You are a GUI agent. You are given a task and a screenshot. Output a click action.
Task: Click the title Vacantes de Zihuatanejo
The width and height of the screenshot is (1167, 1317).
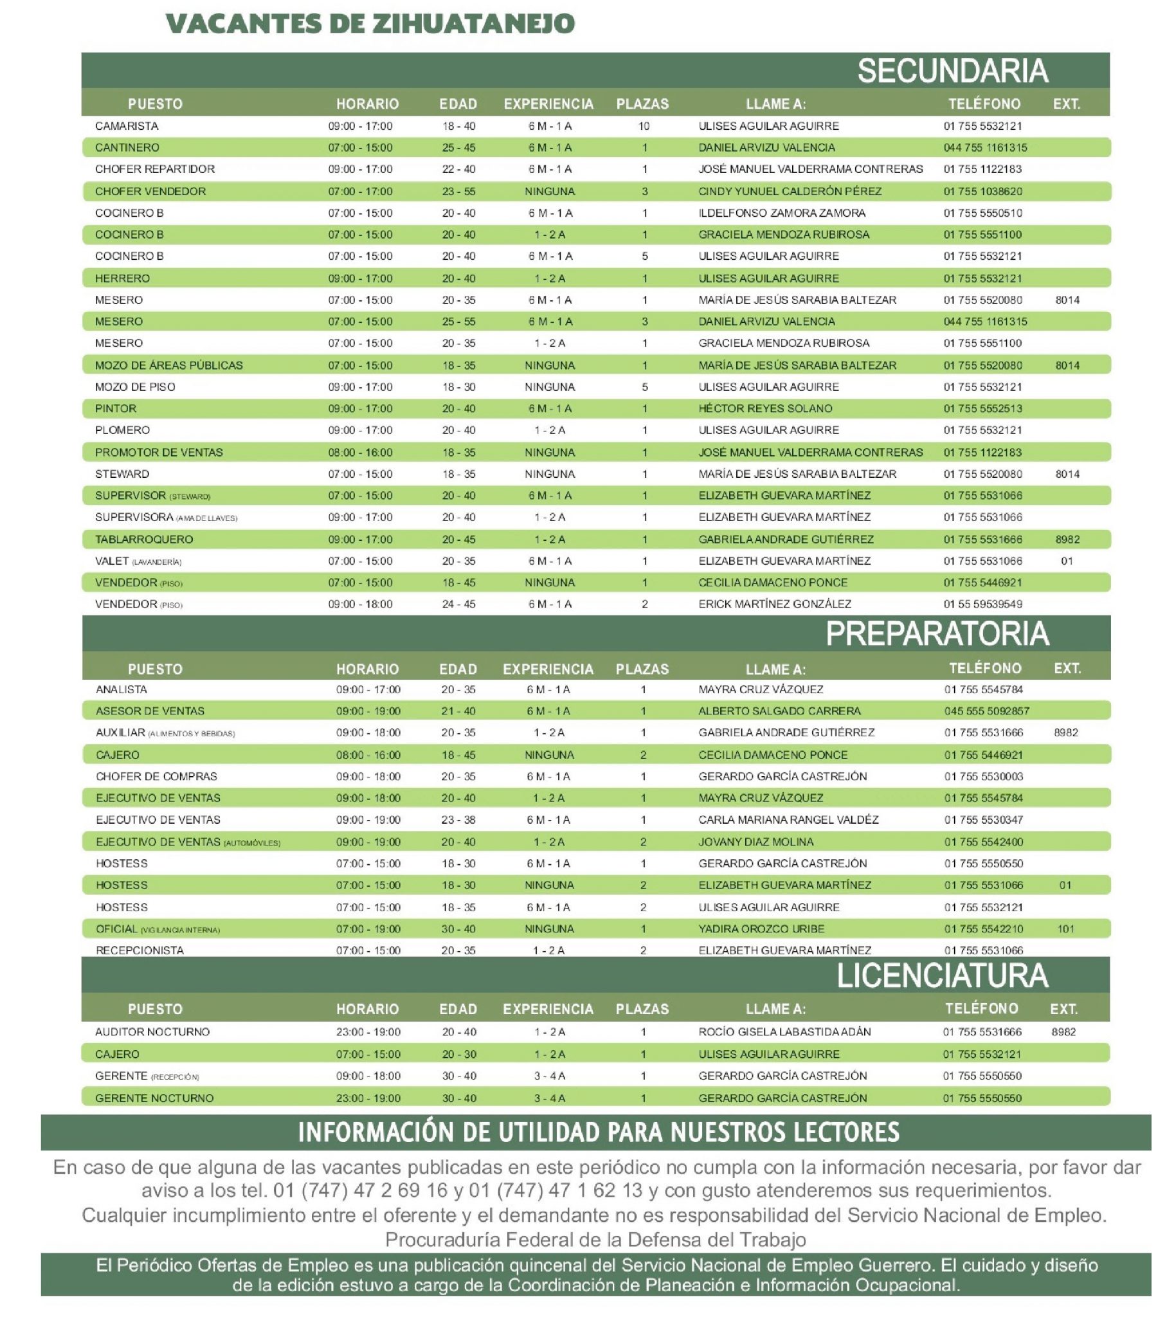click(370, 24)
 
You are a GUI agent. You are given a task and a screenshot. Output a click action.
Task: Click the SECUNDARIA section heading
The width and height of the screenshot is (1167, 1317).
click(952, 70)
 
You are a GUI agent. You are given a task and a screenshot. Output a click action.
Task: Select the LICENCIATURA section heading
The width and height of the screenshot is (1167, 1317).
click(941, 976)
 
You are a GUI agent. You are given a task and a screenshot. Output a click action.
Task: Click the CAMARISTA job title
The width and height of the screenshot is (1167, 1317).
click(126, 126)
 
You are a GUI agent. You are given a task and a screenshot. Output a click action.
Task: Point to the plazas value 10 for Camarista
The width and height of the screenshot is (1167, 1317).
click(643, 126)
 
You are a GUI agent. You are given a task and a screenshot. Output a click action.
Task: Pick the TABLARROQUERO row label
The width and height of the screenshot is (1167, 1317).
click(143, 540)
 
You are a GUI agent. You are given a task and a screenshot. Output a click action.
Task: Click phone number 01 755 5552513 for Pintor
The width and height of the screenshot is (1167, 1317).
click(982, 408)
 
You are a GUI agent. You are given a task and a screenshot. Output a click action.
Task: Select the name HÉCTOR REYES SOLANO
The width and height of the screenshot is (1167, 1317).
click(765, 408)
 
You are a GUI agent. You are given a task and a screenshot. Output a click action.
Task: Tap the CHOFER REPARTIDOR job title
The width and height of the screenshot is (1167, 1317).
click(155, 170)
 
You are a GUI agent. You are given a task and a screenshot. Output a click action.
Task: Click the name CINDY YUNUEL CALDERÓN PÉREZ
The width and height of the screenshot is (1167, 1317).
click(790, 192)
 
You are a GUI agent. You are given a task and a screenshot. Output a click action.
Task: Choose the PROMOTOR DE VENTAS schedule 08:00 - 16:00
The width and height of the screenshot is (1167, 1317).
click(359, 452)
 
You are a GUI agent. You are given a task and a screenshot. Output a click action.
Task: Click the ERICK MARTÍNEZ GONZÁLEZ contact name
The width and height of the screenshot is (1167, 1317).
click(775, 604)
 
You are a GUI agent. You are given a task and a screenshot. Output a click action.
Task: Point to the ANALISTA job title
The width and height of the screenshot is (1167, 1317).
click(121, 689)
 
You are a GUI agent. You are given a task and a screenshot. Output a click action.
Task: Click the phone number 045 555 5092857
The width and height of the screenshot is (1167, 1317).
click(986, 711)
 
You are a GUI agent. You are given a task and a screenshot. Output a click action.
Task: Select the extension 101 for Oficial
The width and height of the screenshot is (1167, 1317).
click(1065, 929)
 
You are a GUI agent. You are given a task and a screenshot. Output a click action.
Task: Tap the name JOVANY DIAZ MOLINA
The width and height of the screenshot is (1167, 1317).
click(756, 842)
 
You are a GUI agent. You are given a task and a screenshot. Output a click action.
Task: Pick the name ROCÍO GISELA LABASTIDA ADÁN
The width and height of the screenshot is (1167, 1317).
click(784, 1032)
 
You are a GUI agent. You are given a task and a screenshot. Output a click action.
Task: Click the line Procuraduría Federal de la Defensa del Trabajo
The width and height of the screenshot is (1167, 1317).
click(595, 1240)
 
